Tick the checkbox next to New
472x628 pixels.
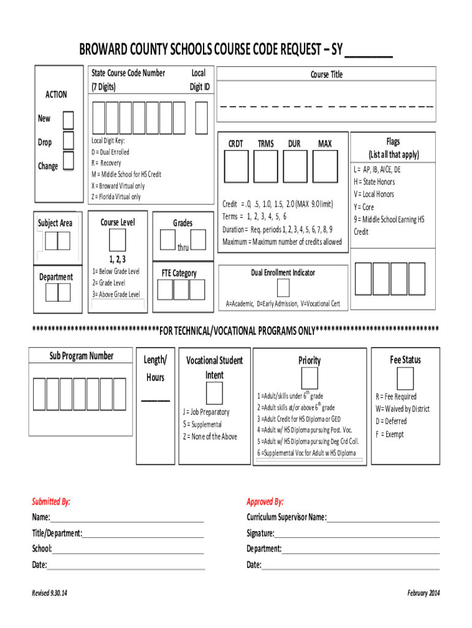tap(68, 120)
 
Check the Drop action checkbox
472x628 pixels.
tap(68, 142)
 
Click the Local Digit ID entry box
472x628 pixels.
tap(200, 117)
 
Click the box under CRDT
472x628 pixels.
tap(236, 166)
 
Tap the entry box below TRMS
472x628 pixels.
tap(265, 166)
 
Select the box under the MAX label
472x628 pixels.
tap(325, 166)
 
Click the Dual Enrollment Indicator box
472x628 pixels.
tap(283, 288)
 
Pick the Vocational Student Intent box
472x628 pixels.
tap(214, 392)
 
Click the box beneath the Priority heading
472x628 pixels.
tap(310, 378)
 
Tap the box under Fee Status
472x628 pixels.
tap(405, 377)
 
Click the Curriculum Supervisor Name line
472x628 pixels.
tap(383, 518)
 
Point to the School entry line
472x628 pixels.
tap(128, 549)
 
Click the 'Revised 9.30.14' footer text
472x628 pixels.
tap(50, 593)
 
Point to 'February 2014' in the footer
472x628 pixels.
tap(423, 593)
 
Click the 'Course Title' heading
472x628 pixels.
tap(326, 75)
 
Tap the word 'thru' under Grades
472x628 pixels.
tap(183, 248)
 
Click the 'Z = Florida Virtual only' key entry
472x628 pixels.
tap(116, 197)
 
